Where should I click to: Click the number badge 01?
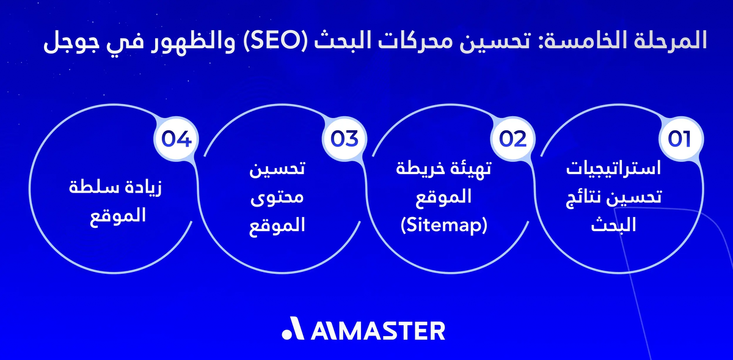click(679, 139)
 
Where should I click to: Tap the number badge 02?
click(512, 139)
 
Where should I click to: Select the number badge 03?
click(344, 139)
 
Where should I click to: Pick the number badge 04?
click(177, 139)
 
